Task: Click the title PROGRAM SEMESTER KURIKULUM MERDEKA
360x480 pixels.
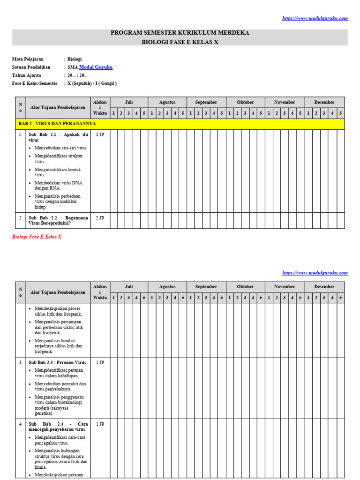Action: (180, 33)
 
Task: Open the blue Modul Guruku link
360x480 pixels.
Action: (96, 67)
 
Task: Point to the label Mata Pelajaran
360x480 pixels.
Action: (27, 59)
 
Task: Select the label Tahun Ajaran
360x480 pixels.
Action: (26, 75)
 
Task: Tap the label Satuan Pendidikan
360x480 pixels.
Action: (31, 67)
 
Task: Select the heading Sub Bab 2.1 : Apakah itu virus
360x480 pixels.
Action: (58, 137)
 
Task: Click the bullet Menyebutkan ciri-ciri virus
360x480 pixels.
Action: (61, 148)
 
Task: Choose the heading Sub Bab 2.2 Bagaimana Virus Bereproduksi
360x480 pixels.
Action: (58, 220)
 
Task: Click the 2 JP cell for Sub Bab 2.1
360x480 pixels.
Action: (100, 135)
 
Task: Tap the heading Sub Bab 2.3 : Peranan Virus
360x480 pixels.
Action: (58, 362)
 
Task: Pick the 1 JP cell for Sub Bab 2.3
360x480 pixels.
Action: (100, 362)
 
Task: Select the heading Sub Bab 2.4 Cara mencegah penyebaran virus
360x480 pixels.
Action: (58, 426)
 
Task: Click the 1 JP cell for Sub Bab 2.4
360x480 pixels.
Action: (100, 424)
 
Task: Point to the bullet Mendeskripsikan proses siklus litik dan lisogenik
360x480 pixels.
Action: (58, 311)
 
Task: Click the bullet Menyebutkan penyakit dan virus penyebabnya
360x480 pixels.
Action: (60, 386)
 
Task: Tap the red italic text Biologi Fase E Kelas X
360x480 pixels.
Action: (37, 237)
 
